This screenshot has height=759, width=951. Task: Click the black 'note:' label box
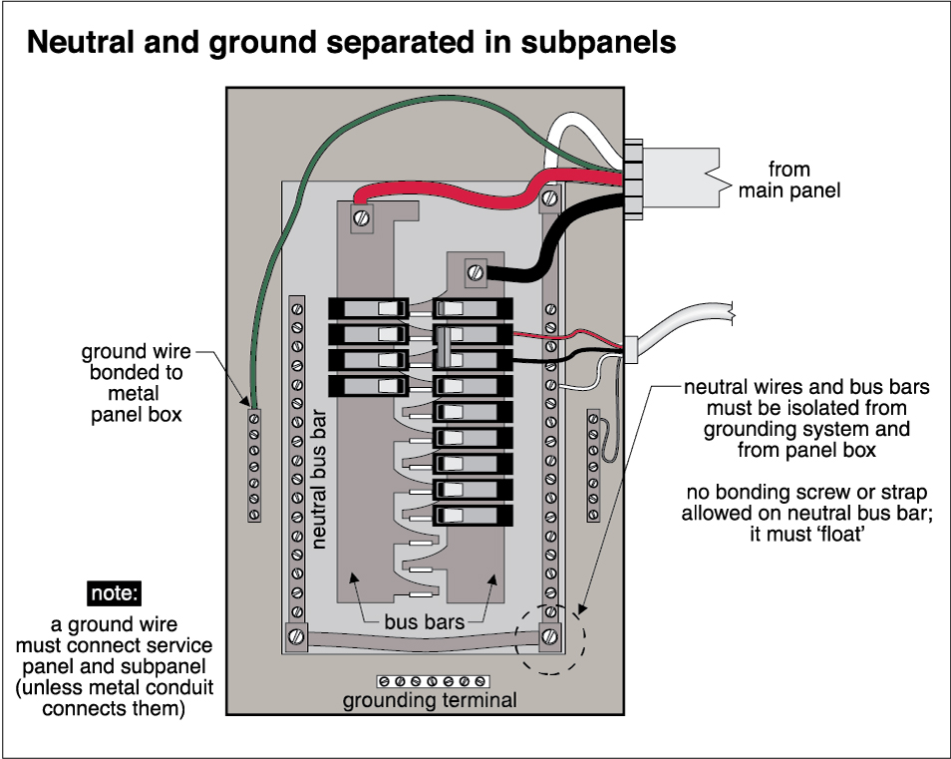[x=114, y=592]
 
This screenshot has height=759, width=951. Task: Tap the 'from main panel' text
[x=789, y=180]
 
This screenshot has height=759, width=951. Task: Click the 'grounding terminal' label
[x=430, y=700]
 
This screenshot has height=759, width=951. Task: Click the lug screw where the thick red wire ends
[x=361, y=212]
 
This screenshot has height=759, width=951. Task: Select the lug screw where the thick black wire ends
[x=475, y=269]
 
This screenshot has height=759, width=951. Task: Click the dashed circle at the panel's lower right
[x=549, y=638]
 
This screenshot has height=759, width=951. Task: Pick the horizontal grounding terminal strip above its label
[x=430, y=681]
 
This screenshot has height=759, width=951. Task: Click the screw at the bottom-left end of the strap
[x=296, y=635]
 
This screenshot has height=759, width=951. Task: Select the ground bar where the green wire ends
[x=254, y=465]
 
